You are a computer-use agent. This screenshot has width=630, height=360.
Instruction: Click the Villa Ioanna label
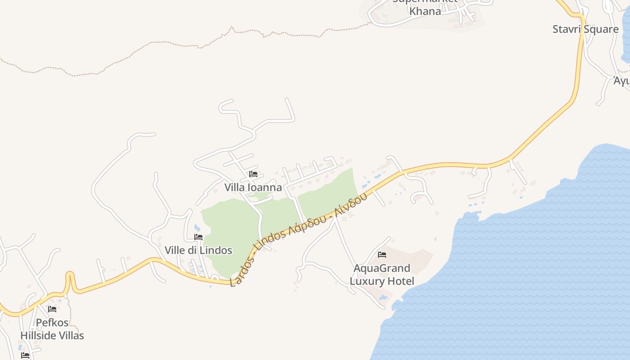pyautogui.click(x=253, y=187)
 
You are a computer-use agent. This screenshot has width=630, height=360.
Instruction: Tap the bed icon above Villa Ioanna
pyautogui.click(x=253, y=174)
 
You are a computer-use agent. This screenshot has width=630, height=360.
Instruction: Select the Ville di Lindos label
pyautogui.click(x=198, y=250)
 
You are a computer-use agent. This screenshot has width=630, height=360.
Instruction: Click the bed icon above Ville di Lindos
pyautogui.click(x=198, y=237)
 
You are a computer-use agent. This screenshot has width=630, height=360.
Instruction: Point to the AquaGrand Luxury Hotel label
pyautogui.click(x=382, y=274)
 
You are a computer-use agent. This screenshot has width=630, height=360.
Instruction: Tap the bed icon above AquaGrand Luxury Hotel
pyautogui.click(x=382, y=255)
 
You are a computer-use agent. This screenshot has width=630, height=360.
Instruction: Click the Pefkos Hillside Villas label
pyautogui.click(x=52, y=329)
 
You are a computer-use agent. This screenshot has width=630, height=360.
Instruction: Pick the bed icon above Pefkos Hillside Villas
pyautogui.click(x=52, y=309)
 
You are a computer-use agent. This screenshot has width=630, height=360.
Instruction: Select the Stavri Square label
pyautogui.click(x=585, y=29)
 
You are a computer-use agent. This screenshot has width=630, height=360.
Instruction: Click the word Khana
pyautogui.click(x=425, y=11)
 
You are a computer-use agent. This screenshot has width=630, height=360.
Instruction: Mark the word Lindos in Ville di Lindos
pyautogui.click(x=217, y=250)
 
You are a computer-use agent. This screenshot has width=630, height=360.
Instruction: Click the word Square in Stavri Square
pyautogui.click(x=601, y=29)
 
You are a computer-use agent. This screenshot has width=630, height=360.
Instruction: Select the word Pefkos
pyautogui.click(x=52, y=323)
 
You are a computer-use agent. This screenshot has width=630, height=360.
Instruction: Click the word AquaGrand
pyautogui.click(x=382, y=268)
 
